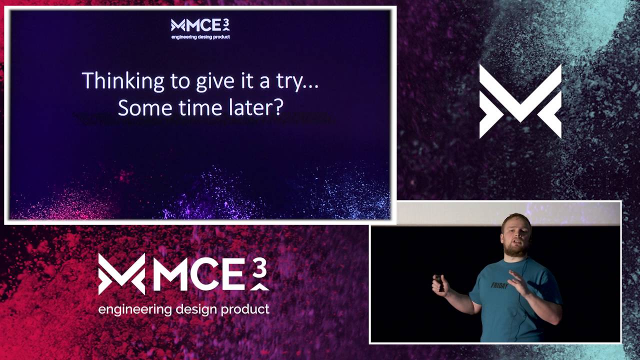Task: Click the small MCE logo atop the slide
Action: pos(200,25)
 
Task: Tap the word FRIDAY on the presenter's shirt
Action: pos(499,286)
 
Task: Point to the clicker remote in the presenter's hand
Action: pos(439,283)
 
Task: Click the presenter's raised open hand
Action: pos(518,282)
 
